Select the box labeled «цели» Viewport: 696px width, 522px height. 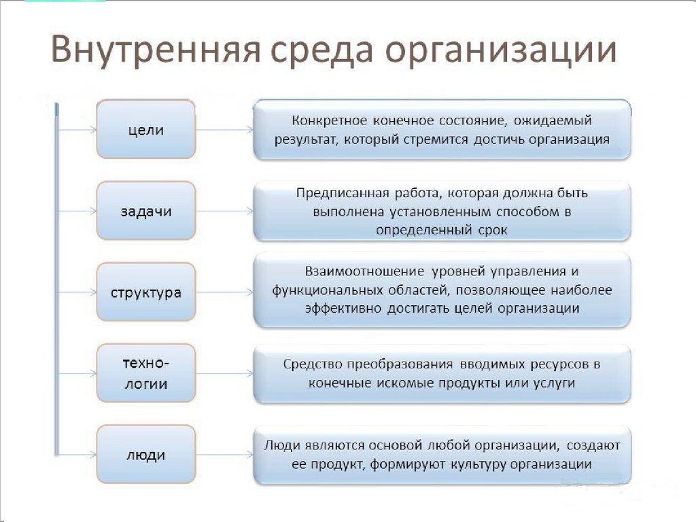point(146,129)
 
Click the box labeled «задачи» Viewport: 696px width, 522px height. point(146,211)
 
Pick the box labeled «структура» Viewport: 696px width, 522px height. point(146,293)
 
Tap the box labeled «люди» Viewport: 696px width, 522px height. point(146,455)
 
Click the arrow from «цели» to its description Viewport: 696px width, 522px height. point(225,129)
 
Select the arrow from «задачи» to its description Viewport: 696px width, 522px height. point(225,211)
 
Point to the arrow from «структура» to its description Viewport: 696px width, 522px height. point(225,293)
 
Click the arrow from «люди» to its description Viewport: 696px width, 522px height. point(225,455)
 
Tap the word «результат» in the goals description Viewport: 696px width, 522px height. point(307,140)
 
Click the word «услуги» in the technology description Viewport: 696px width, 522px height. point(553,383)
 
